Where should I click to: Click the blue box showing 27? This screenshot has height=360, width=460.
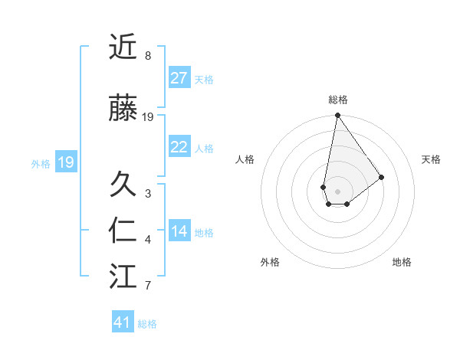179,78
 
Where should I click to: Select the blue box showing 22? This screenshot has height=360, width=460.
179,147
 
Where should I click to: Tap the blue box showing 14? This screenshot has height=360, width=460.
179,231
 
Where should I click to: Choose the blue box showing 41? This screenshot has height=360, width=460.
123,322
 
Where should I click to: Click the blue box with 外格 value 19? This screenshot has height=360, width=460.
65,162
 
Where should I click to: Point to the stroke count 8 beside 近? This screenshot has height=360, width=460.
148,56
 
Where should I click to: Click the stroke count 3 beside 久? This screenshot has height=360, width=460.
148,194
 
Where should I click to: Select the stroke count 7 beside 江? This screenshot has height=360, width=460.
148,286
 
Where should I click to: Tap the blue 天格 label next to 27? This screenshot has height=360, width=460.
204,79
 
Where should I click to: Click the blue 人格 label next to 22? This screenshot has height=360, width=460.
204,148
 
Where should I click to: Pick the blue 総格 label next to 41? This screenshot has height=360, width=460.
147,323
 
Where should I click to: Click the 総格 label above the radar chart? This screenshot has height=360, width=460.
338,100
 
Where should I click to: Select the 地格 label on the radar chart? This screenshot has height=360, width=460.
402,262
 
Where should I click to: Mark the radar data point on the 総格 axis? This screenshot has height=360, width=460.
337,116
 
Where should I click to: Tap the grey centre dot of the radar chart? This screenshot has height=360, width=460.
337,190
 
